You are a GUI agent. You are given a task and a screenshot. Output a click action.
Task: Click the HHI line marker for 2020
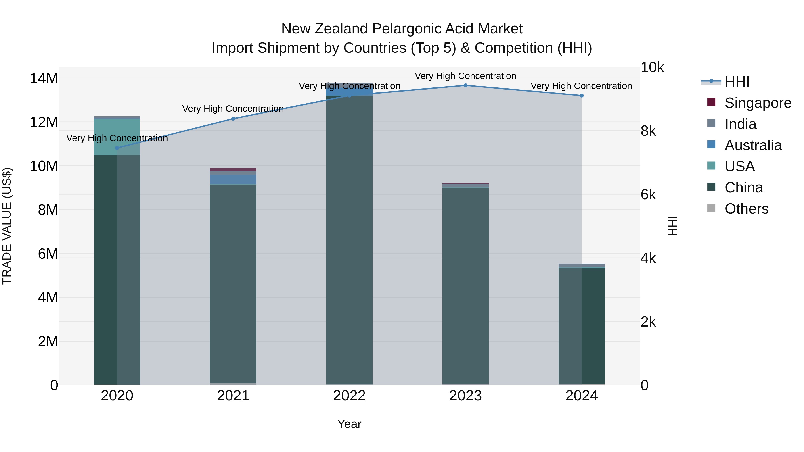(x=117, y=148)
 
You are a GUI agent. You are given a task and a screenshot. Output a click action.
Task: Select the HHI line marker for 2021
(x=233, y=119)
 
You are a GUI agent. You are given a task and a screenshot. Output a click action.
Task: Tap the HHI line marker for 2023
(x=465, y=85)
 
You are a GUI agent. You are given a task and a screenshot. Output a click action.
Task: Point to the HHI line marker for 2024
(x=582, y=96)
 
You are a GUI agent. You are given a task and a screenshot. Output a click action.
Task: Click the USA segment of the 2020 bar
(x=117, y=137)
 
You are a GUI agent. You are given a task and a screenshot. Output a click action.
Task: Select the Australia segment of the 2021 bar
(x=233, y=179)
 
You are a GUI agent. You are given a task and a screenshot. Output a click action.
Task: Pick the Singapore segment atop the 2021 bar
(x=233, y=169)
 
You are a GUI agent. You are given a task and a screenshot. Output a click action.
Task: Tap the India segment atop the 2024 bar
(x=582, y=265)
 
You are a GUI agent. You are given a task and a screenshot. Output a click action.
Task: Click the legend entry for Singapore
(x=758, y=103)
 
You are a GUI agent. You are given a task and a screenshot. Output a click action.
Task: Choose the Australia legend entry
(x=753, y=145)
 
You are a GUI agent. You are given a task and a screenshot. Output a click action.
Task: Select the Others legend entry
(x=746, y=209)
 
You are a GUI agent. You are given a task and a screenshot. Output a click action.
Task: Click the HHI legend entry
(x=737, y=82)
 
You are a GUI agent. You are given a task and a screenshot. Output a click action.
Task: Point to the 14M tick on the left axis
(x=44, y=78)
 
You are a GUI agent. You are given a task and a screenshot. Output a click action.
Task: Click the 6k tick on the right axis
(x=648, y=195)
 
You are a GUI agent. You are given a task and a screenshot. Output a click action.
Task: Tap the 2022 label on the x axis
(x=349, y=396)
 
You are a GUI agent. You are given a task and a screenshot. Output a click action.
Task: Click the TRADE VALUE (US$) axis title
(x=7, y=226)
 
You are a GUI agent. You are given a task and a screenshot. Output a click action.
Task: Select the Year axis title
(x=349, y=424)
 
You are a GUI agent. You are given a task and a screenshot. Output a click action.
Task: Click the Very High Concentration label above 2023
(x=465, y=76)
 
